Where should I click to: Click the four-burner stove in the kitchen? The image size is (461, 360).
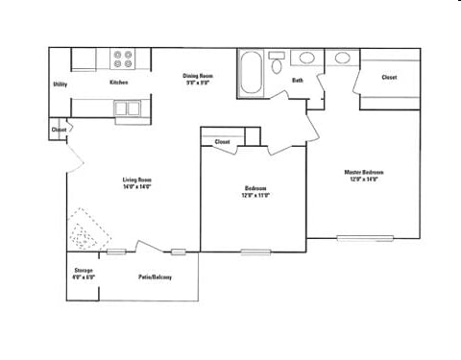click(124, 59)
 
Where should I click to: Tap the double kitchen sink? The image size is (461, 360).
click(128, 108)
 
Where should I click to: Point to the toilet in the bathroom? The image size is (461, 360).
click(276, 65)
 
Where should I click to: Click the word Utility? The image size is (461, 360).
click(60, 84)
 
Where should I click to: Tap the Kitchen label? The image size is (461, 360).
click(119, 83)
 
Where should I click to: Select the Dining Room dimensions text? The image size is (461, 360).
click(198, 83)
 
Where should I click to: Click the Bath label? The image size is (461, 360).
click(298, 81)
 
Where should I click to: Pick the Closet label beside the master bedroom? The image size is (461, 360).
click(389, 78)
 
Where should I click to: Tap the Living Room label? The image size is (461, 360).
click(137, 180)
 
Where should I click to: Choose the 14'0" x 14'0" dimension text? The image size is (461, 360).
click(137, 187)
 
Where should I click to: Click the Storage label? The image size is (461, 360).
click(84, 271)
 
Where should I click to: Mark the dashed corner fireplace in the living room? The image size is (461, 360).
click(87, 230)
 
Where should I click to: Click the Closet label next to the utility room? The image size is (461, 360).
click(59, 130)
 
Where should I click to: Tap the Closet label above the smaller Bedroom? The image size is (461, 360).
click(222, 142)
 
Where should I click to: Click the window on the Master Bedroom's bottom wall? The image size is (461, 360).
click(365, 238)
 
